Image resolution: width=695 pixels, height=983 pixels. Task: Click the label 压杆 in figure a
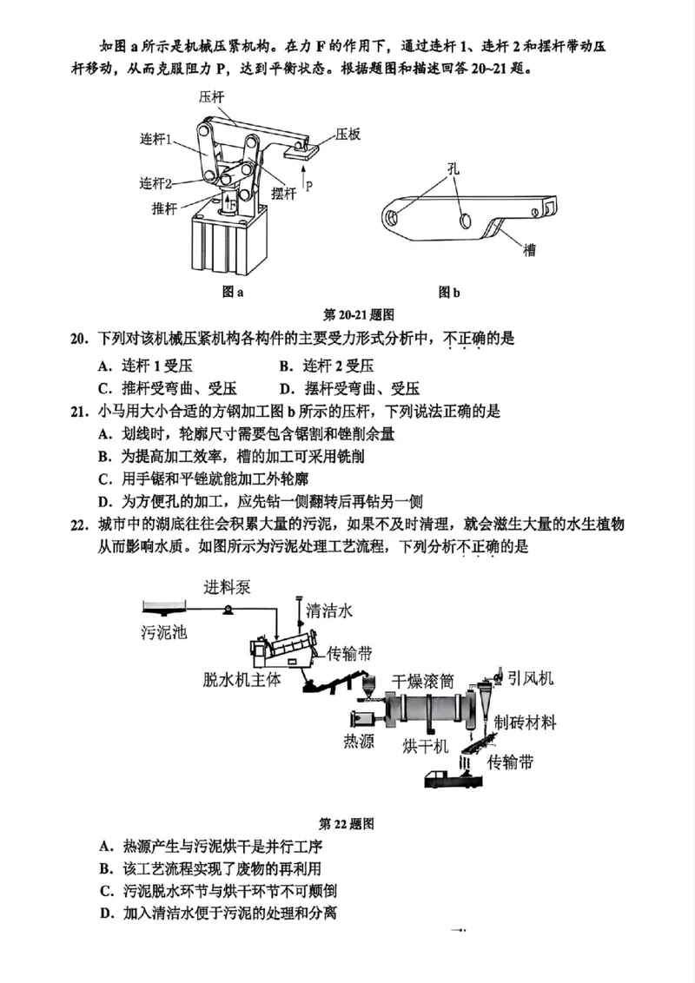pyautogui.click(x=211, y=97)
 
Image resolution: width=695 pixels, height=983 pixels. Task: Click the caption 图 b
pyautogui.click(x=448, y=292)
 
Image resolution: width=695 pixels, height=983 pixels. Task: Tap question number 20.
pyautogui.click(x=80, y=339)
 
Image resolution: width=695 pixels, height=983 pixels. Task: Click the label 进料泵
pyautogui.click(x=228, y=587)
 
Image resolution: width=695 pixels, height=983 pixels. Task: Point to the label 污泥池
pyautogui.click(x=163, y=632)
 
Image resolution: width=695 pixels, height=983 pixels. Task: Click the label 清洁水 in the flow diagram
pyautogui.click(x=329, y=610)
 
